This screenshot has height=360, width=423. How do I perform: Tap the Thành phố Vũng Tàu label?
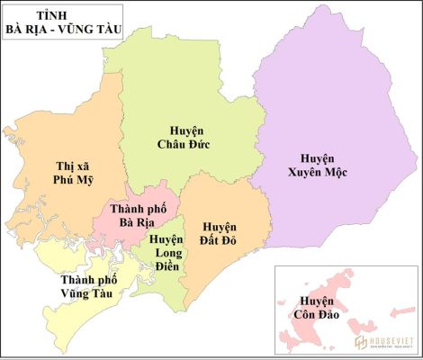pos(85,285)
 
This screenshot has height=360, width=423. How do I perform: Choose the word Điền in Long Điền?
pos(166,266)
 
